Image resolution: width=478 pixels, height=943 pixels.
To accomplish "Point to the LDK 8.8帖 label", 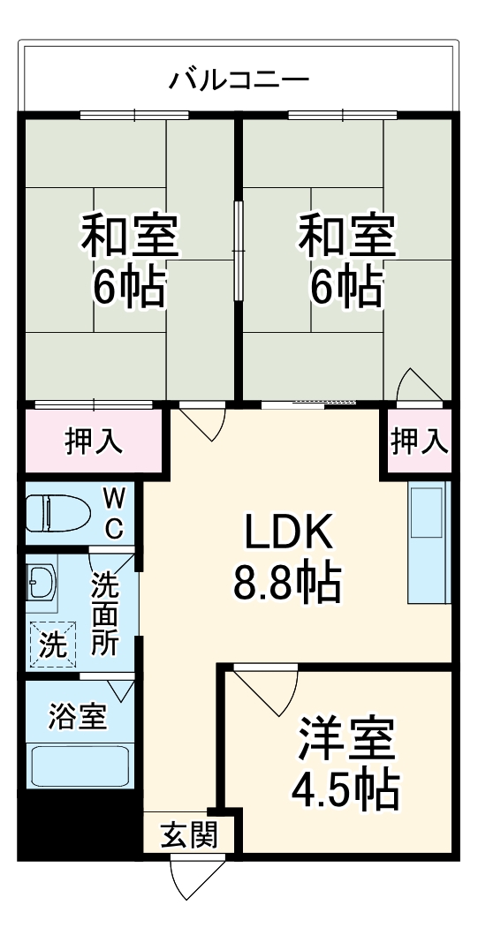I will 287,556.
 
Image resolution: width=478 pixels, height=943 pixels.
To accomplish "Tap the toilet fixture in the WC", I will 58,512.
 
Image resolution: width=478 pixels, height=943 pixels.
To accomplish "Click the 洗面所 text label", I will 105,613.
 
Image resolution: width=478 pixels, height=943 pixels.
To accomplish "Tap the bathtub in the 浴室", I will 80,765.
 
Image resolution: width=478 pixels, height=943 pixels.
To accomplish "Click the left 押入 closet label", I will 93,441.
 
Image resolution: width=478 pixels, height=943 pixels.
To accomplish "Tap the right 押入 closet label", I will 419,441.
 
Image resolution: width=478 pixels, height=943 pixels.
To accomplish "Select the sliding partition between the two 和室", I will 238,252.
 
